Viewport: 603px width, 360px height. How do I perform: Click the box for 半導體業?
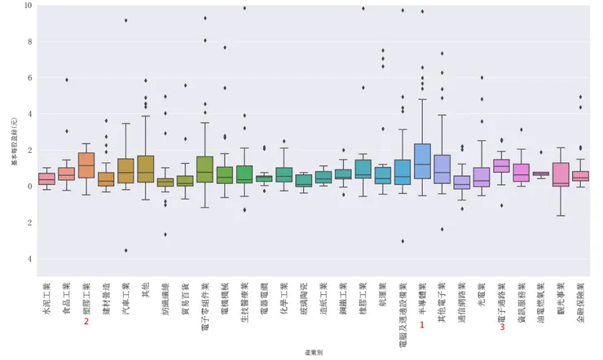[422, 160]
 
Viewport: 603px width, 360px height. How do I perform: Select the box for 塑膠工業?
[86, 165]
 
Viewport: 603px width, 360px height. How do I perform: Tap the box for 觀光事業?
[561, 174]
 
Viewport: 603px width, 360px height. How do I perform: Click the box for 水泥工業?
[46, 178]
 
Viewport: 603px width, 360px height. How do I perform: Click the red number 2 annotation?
[86, 322]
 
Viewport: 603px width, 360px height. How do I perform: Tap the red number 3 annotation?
[502, 327]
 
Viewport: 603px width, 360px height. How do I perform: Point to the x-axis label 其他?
[145, 290]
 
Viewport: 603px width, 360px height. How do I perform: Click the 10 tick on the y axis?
[29, 5]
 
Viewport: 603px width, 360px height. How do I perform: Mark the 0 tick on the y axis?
[29, 186]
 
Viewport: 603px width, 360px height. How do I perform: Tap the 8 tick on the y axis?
[29, 42]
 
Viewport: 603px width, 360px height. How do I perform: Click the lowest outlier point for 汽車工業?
[125, 250]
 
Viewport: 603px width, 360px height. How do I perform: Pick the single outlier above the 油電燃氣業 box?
[541, 152]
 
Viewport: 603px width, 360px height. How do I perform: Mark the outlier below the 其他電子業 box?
[442, 229]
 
